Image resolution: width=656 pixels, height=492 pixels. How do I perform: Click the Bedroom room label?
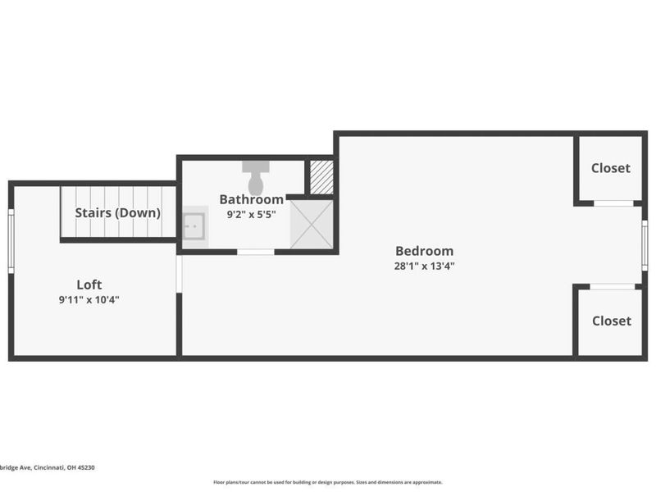[424, 251]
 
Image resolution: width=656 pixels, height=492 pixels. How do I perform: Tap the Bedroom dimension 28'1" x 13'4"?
[424, 266]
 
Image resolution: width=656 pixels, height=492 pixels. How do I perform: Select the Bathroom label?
[251, 199]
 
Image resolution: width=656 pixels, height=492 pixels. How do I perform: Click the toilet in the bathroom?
[257, 175]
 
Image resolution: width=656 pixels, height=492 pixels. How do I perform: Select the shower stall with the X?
[312, 222]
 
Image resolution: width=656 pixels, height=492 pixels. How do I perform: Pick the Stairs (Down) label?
[118, 212]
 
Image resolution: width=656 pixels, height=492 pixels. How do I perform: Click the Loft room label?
[89, 285]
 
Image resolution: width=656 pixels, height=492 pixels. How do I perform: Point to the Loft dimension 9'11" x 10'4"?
[89, 300]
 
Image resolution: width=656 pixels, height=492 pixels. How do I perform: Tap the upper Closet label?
[611, 168]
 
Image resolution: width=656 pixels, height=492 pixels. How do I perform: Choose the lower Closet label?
[612, 321]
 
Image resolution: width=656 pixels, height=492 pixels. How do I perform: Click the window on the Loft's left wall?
[11, 240]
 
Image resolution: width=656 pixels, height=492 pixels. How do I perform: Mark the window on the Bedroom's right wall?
[645, 244]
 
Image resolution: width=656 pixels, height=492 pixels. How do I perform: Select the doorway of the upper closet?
[613, 203]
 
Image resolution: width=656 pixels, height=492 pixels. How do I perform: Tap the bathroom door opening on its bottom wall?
[255, 252]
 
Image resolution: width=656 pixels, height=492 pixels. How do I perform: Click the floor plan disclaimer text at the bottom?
[328, 482]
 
